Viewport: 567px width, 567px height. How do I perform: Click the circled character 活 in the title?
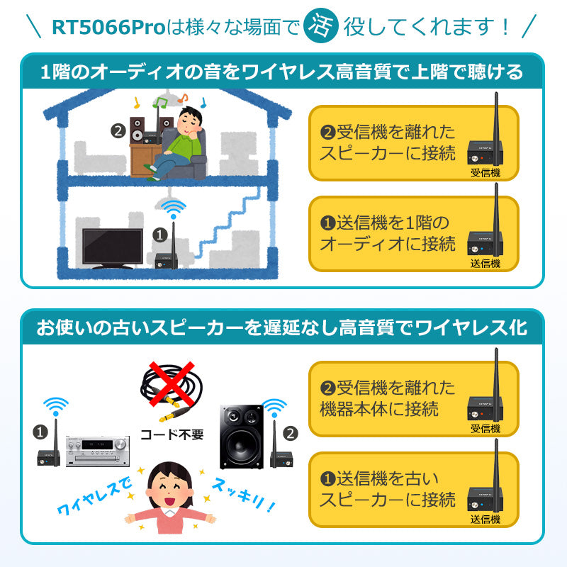point(319,26)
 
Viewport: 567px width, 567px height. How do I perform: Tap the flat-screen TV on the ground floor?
point(111,247)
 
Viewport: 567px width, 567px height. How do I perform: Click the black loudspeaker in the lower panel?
point(241,436)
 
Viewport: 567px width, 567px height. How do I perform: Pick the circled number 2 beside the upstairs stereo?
point(118,131)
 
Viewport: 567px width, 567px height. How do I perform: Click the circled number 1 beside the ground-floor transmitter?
point(160,232)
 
